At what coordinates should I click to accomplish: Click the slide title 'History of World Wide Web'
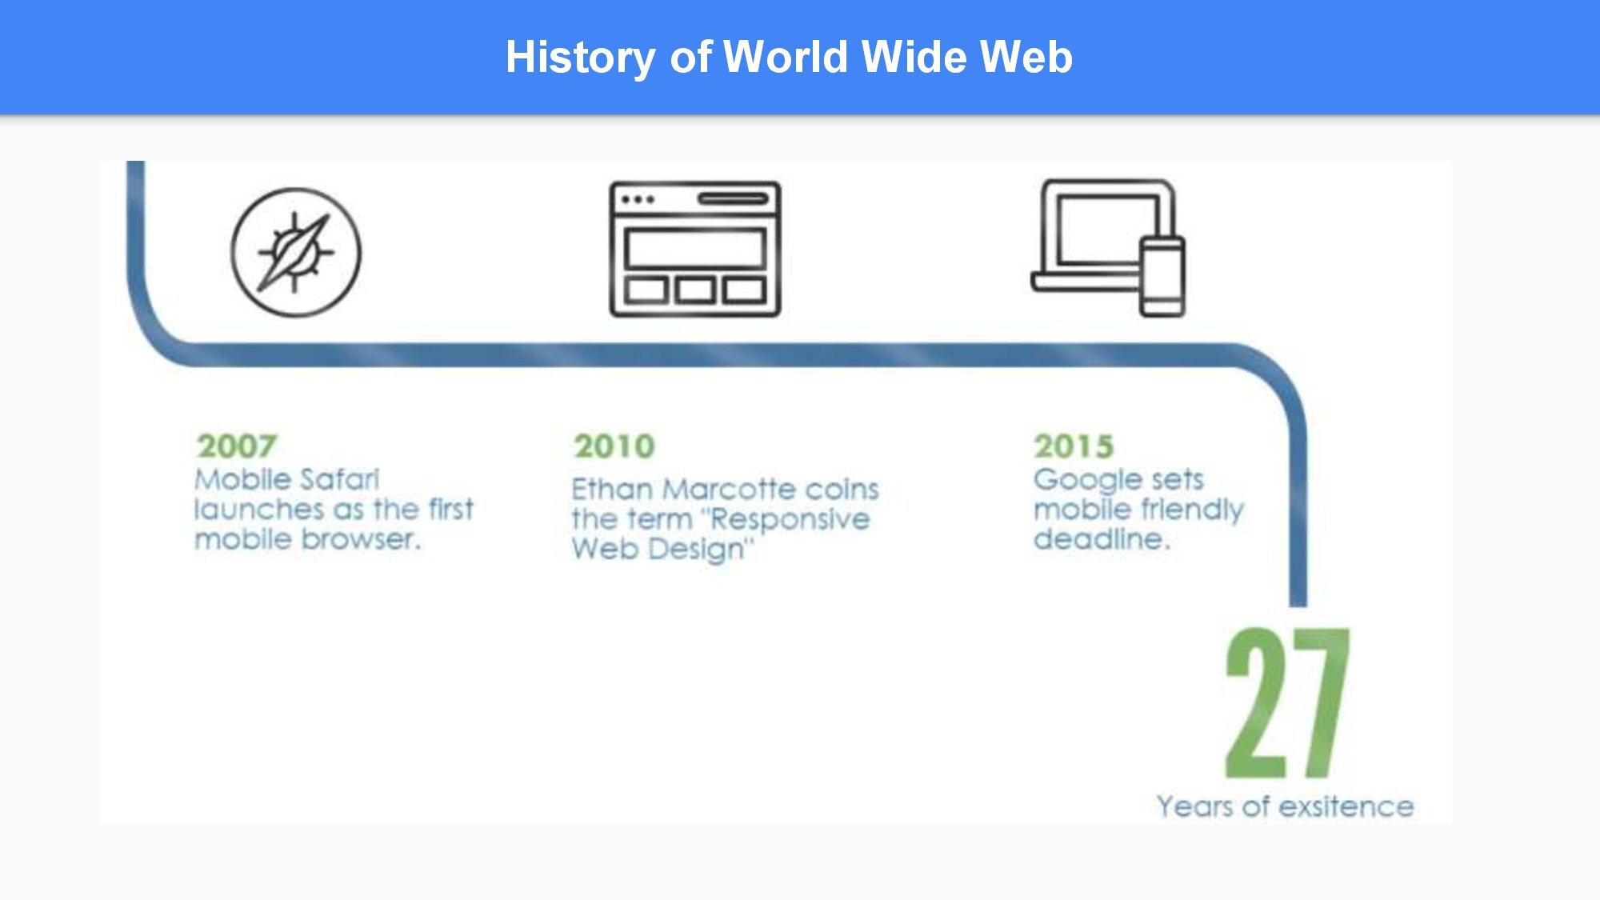tap(789, 58)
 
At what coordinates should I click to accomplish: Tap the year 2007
tap(237, 446)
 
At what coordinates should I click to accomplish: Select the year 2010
tap(614, 446)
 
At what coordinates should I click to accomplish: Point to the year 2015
tap(1074, 446)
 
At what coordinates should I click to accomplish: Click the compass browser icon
tap(296, 253)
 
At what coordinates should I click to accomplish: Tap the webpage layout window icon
tap(695, 249)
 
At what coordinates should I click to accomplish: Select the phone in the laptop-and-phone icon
tap(1162, 276)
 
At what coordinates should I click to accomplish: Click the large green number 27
tap(1288, 702)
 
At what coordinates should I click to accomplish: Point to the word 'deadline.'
tap(1102, 538)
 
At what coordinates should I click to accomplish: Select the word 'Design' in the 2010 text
tap(702, 550)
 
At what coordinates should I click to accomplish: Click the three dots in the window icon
tap(638, 199)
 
